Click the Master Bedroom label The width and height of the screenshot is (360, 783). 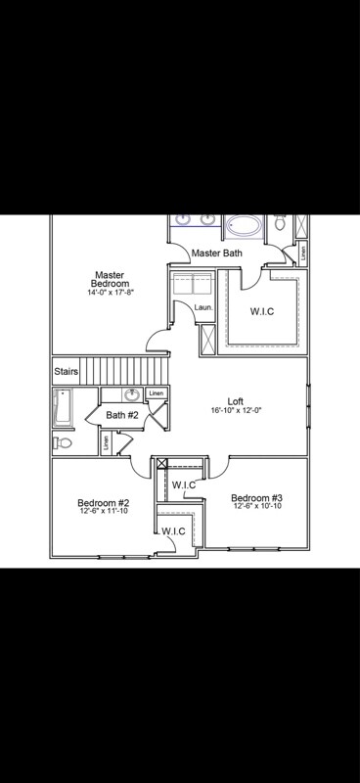pyautogui.click(x=107, y=280)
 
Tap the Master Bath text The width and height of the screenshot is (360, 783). pyautogui.click(x=216, y=253)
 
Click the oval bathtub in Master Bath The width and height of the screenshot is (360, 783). pyautogui.click(x=244, y=227)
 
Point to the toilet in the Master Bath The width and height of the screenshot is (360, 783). pyautogui.click(x=281, y=224)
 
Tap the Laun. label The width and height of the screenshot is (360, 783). pyautogui.click(x=202, y=307)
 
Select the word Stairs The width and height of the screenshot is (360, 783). pyautogui.click(x=66, y=372)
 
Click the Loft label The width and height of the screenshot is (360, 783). pyautogui.click(x=235, y=401)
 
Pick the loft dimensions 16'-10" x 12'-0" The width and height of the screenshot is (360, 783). pyautogui.click(x=236, y=411)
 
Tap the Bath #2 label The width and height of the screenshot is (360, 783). pyautogui.click(x=122, y=416)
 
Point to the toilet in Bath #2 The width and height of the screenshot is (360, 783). pyautogui.click(x=63, y=442)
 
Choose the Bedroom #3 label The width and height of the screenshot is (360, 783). pyautogui.click(x=256, y=497)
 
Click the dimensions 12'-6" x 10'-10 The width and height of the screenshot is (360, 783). pyautogui.click(x=256, y=507)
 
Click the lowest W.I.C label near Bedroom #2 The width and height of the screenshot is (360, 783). pyautogui.click(x=173, y=531)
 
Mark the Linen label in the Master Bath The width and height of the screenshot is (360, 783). pyautogui.click(x=303, y=251)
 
